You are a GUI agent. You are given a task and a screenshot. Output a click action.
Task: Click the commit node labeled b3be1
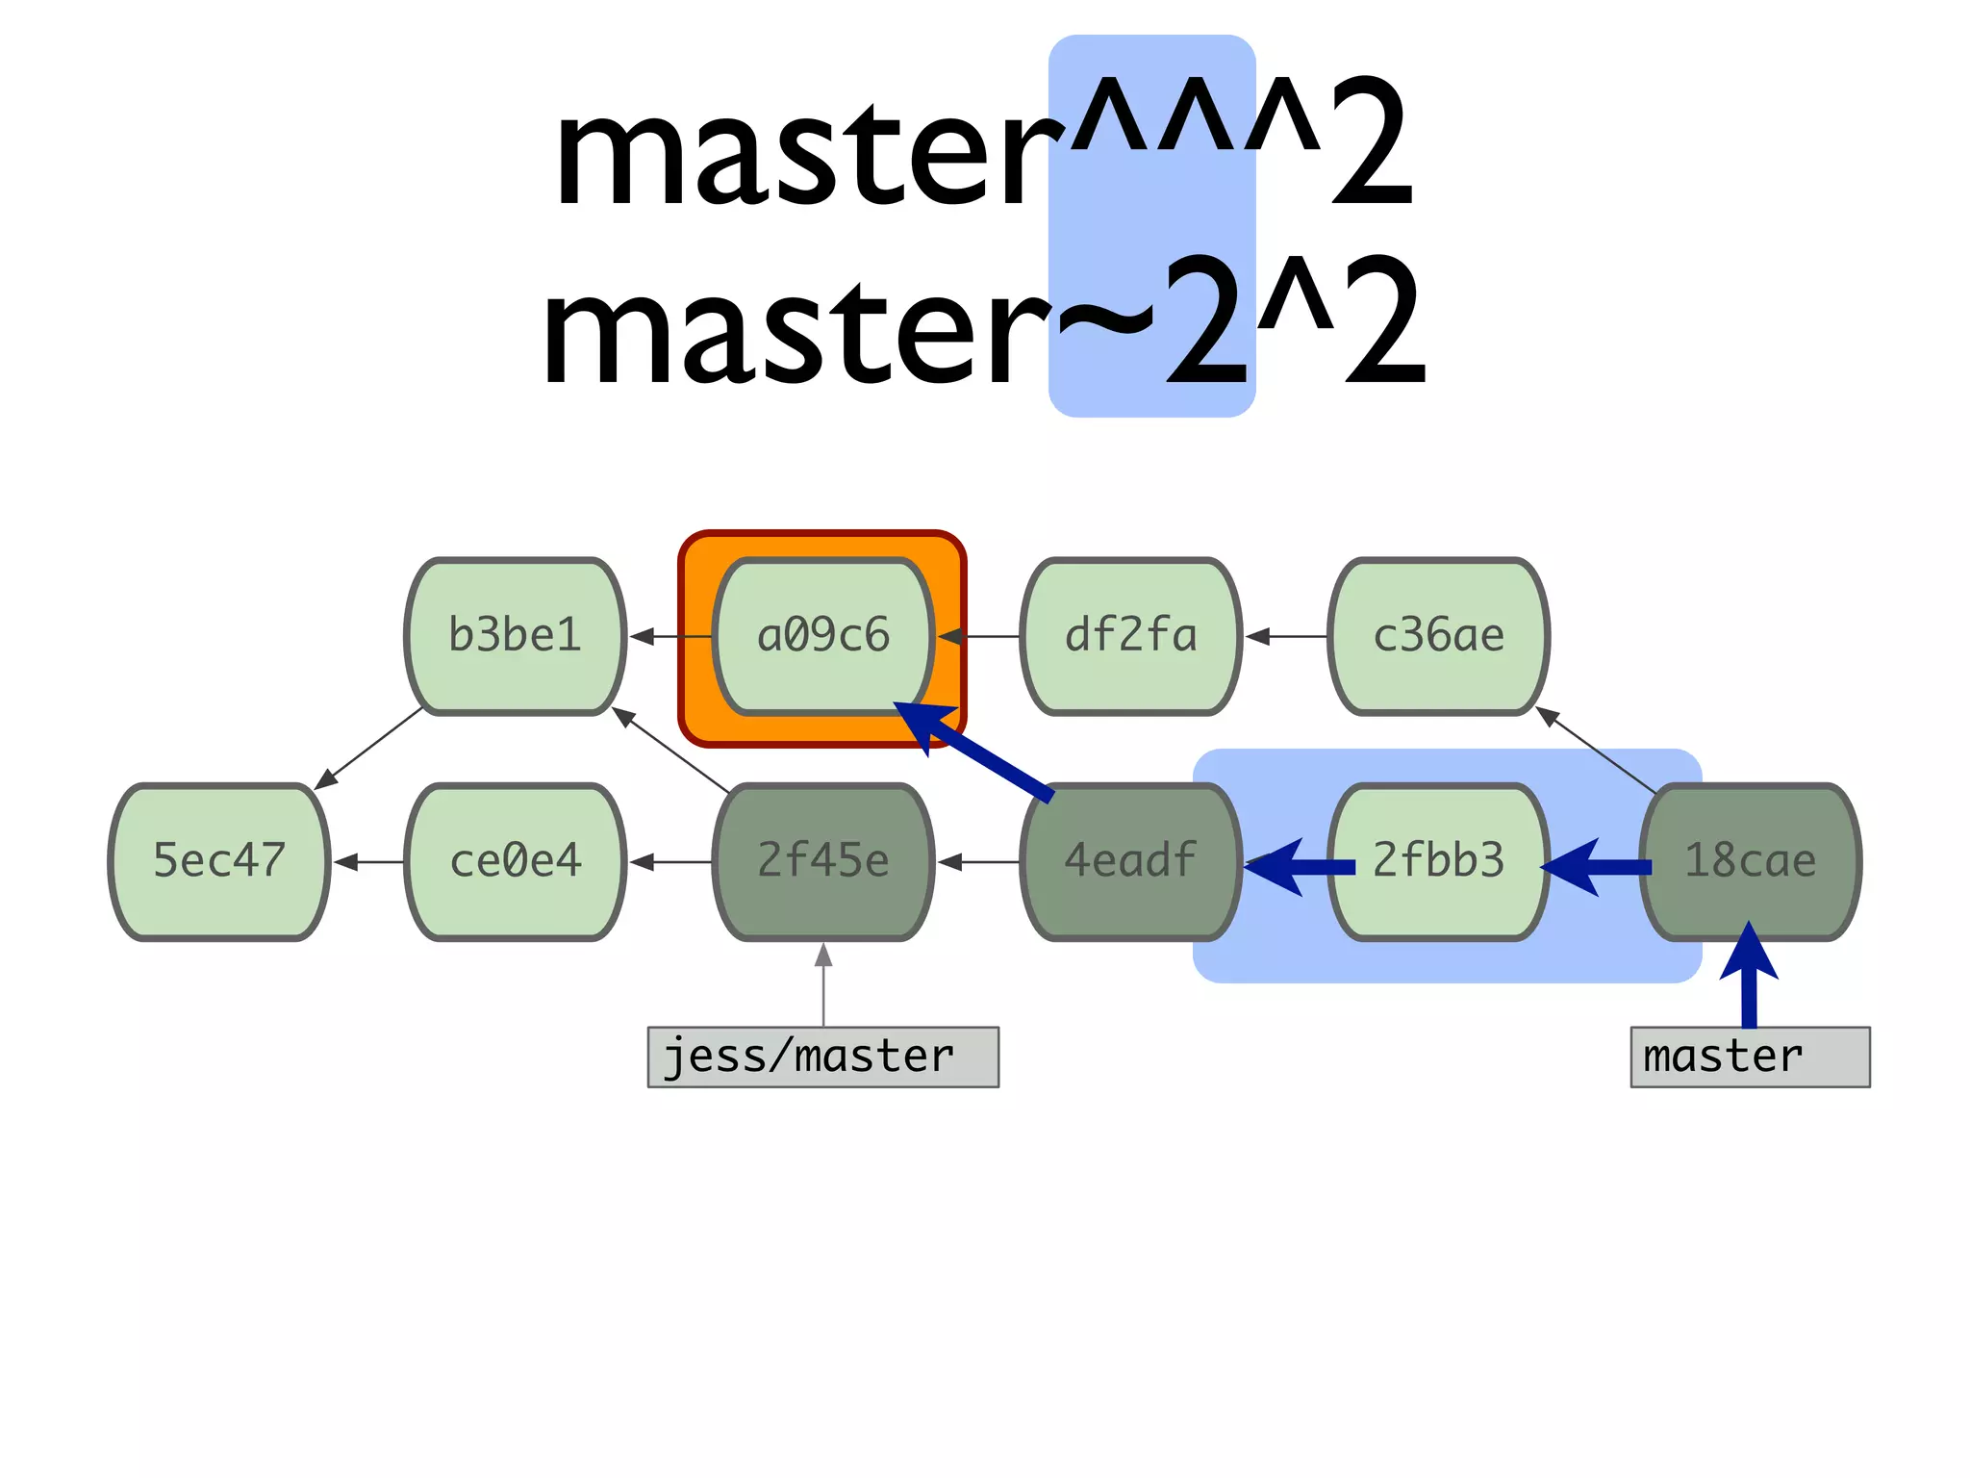point(516,636)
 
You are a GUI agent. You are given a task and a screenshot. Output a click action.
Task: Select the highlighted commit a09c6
point(823,636)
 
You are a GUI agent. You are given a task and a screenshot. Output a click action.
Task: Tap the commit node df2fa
point(1131,636)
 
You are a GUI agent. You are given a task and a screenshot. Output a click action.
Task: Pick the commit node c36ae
point(1439,636)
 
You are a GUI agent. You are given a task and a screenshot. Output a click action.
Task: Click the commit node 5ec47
point(219,861)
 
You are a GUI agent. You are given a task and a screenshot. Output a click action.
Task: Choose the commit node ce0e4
point(516,861)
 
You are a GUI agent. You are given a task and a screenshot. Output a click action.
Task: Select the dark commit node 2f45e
point(823,861)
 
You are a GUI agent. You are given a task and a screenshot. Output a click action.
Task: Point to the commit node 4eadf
point(1131,861)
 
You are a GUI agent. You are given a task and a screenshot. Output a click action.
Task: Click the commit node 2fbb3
point(1439,861)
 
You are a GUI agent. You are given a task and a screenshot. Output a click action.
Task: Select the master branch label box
point(1750,1057)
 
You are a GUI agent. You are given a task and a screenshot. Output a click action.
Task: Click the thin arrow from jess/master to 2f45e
point(823,986)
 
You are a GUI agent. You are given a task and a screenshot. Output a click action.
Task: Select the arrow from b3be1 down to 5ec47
point(370,749)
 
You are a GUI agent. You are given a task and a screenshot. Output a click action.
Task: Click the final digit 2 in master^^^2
point(1372,144)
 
